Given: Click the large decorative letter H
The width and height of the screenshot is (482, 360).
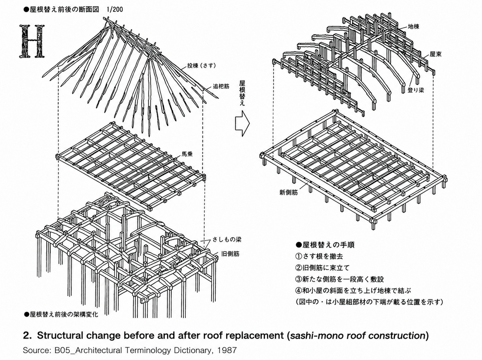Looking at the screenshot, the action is [32, 41].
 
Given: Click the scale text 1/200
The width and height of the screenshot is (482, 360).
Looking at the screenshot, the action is [114, 10].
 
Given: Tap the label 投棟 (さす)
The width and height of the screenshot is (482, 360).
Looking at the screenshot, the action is [202, 66].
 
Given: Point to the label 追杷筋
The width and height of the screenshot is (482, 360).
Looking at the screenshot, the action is [221, 86].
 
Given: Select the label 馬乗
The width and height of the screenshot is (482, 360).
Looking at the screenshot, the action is [187, 154].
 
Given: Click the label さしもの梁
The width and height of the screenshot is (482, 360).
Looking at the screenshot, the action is [227, 240].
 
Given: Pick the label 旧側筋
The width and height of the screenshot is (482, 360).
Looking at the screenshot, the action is [230, 254].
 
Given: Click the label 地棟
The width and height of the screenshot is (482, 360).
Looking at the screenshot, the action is [414, 26].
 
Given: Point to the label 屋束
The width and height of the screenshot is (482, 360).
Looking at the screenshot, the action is [435, 54].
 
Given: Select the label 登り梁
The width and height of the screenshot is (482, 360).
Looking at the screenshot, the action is [416, 90].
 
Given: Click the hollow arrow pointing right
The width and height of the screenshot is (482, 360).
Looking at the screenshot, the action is [242, 124].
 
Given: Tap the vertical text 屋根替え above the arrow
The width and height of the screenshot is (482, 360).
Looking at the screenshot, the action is [242, 93].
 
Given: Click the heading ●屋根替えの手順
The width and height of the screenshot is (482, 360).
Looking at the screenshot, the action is [325, 245].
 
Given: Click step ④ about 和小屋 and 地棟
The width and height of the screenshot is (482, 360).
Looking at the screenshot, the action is [353, 291].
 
